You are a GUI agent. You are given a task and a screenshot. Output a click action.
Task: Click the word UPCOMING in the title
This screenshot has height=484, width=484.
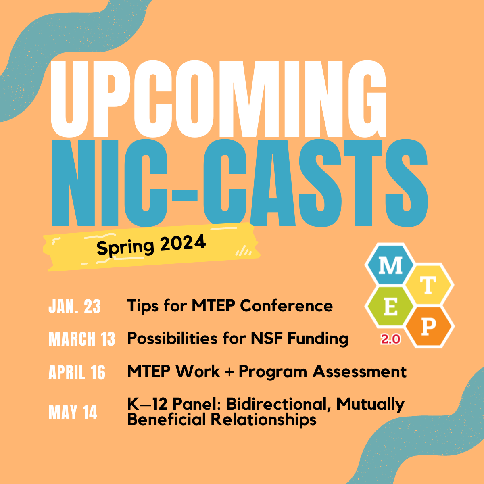click(219, 99)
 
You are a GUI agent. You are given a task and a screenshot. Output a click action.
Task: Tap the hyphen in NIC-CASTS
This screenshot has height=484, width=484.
click(185, 195)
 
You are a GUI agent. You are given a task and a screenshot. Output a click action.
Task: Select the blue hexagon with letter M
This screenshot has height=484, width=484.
click(390, 265)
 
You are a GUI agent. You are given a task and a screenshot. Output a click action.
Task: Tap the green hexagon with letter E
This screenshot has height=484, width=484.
click(390, 307)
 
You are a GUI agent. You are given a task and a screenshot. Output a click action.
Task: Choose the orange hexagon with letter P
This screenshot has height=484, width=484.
click(429, 327)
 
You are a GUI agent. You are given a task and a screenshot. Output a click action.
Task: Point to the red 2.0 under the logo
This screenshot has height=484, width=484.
click(390, 339)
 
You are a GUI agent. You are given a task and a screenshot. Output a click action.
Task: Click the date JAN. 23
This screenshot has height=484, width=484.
click(75, 307)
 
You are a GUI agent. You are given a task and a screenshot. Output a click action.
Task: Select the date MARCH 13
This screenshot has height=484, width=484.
click(81, 339)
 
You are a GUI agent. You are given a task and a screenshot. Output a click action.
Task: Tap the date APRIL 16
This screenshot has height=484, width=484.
click(77, 372)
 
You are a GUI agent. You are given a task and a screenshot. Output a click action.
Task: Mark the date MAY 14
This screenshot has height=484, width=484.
click(73, 413)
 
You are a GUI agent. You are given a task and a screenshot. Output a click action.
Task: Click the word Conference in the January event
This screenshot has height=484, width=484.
click(286, 306)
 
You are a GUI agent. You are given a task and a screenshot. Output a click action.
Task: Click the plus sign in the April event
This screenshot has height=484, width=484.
click(229, 372)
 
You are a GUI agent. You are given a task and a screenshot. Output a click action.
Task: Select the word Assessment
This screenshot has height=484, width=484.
click(359, 371)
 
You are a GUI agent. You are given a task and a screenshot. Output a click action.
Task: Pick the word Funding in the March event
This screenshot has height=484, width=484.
click(318, 339)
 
